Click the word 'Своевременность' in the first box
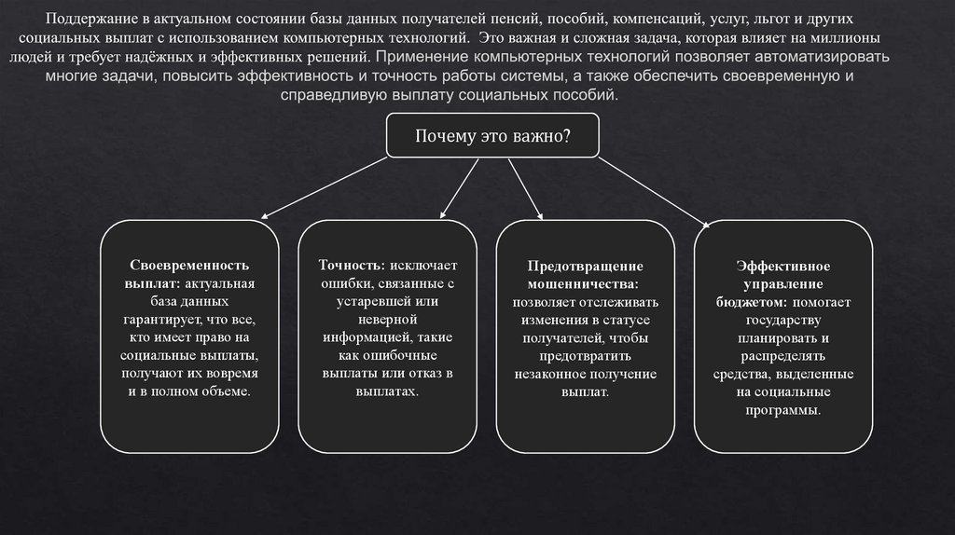pos(189,265)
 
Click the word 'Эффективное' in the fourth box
pos(783,267)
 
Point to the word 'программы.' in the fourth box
pos(782,410)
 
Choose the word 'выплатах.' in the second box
pos(387,391)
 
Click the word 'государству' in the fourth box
pos(783,321)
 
